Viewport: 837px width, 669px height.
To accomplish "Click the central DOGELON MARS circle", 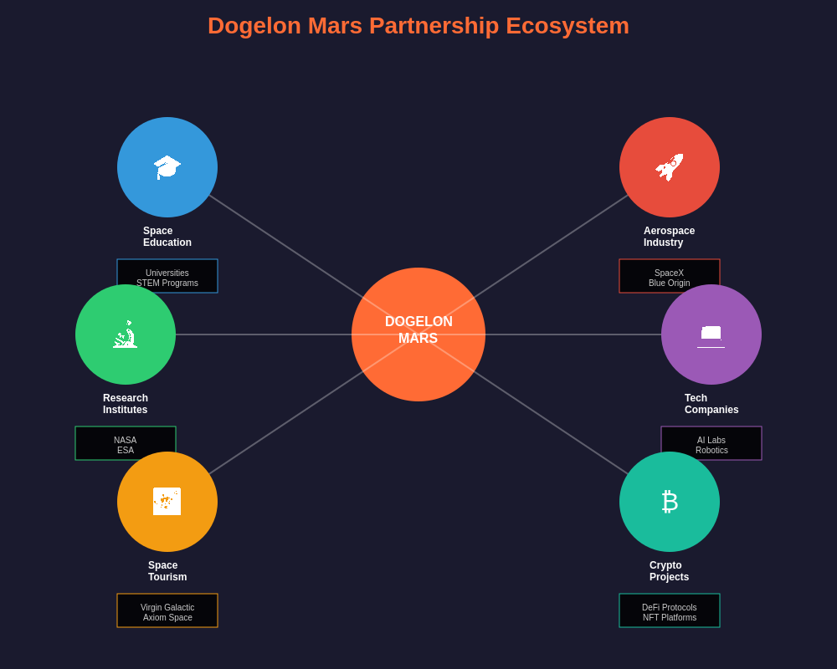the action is (x=418, y=334).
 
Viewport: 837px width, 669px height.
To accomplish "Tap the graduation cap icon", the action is (x=167, y=166).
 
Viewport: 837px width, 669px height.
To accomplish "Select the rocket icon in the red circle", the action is (x=670, y=166).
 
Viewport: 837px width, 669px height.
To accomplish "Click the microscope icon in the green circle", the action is (x=126, y=334).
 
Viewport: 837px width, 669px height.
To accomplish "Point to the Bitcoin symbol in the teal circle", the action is (x=670, y=501).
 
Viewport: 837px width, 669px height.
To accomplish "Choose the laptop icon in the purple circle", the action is (x=711, y=334).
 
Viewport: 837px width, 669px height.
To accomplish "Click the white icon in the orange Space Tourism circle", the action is (x=167, y=501).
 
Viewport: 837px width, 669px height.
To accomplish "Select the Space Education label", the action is (x=167, y=237).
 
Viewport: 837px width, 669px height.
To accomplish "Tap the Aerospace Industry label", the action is (x=669, y=237).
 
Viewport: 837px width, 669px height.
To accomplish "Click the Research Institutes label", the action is (x=126, y=404).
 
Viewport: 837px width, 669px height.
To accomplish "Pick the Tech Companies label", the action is (x=711, y=404).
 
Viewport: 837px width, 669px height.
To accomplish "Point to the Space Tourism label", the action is (x=167, y=571).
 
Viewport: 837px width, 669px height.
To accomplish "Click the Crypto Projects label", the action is (x=669, y=571).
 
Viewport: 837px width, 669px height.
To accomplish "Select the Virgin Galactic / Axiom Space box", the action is (x=167, y=611).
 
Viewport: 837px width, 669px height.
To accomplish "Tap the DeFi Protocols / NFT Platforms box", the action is (x=670, y=611).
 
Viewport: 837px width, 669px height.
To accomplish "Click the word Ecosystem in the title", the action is (x=567, y=26).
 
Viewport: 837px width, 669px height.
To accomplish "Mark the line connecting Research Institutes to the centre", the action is (x=264, y=334).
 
